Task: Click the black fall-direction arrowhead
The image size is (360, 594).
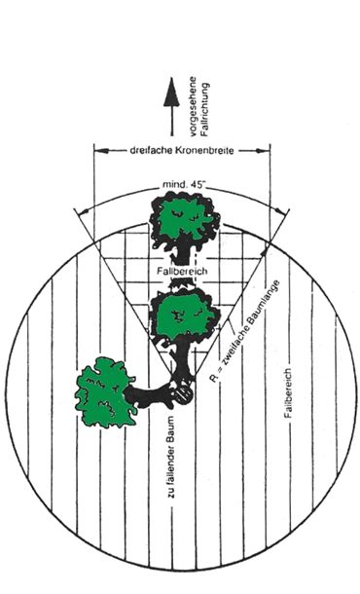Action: coord(171,92)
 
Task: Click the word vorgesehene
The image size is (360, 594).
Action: coord(193,106)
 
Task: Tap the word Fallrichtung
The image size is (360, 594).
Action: coord(204,110)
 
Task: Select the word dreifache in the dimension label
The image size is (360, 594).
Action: coord(151,150)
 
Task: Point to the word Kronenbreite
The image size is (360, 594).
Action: coord(204,150)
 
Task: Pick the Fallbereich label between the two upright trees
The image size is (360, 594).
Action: coord(182,272)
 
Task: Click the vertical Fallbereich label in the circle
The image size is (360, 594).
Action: coord(288,392)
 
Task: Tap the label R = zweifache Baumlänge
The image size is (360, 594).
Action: coord(246,331)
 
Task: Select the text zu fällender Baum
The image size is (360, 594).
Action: coord(171,458)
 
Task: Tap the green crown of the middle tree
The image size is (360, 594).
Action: coord(185,313)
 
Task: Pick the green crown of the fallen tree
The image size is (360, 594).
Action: coord(104,392)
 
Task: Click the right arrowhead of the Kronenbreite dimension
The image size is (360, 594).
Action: coord(263,151)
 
